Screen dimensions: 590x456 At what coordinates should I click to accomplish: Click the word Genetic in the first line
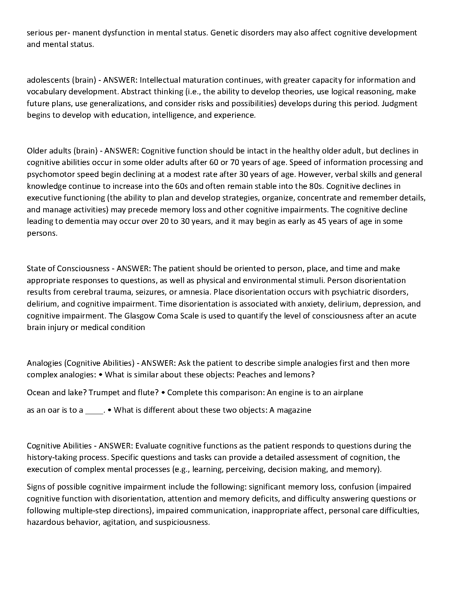coord(223,33)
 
